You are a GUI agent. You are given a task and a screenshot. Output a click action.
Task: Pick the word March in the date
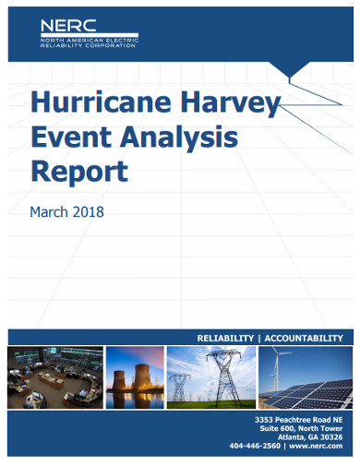[x=51, y=211]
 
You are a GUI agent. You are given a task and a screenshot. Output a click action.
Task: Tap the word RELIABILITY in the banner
[x=218, y=338]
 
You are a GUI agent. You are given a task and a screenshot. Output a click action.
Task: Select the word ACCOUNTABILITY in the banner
[x=303, y=338]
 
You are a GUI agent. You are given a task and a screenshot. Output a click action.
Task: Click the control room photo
[x=54, y=378]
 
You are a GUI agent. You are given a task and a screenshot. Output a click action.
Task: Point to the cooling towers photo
[x=135, y=378]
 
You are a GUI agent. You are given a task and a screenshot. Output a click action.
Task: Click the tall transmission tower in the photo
[x=222, y=376]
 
